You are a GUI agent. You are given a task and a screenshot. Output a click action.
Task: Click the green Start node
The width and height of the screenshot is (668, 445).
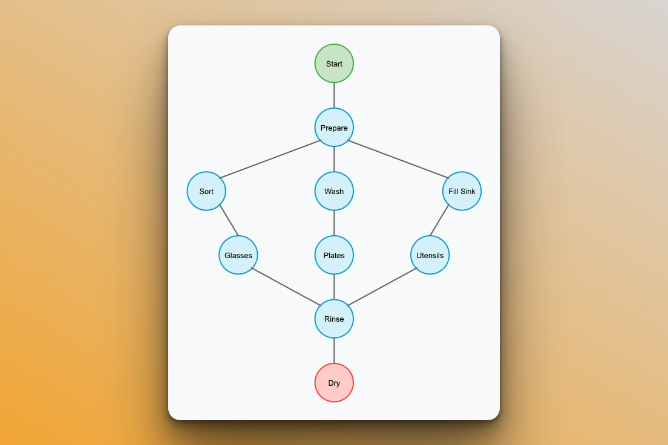(334, 63)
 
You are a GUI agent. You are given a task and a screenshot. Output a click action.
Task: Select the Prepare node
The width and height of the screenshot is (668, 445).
(334, 128)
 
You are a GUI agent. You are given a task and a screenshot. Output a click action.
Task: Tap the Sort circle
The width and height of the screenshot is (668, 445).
(206, 191)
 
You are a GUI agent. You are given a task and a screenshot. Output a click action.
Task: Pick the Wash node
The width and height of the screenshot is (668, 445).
(334, 191)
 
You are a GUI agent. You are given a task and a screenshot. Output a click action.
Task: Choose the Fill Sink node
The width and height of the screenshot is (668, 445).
(462, 191)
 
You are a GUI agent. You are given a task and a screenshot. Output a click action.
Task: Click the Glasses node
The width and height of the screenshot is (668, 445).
(238, 255)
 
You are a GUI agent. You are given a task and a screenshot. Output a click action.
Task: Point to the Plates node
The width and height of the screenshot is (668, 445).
(334, 255)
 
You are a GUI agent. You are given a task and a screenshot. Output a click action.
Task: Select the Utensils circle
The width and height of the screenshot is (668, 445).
(430, 255)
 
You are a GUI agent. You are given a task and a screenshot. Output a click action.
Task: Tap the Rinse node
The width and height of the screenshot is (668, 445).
(334, 319)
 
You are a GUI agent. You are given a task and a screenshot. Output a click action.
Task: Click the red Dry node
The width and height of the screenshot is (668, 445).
(334, 383)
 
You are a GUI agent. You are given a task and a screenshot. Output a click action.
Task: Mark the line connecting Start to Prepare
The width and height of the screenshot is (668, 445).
(334, 96)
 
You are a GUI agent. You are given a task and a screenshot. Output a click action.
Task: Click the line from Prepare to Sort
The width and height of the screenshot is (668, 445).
(270, 159)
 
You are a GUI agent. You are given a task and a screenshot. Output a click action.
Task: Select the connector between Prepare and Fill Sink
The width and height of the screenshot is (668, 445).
(398, 159)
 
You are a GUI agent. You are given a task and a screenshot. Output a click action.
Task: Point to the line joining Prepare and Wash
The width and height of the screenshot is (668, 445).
(334, 159)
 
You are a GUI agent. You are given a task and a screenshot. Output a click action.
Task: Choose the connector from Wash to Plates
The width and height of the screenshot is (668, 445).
(334, 223)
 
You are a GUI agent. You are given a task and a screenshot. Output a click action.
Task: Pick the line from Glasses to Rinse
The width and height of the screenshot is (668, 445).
(286, 287)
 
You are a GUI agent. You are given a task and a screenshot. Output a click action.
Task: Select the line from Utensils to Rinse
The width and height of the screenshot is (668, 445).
(382, 287)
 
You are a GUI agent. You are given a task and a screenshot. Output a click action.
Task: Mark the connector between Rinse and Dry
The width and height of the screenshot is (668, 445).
(334, 351)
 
